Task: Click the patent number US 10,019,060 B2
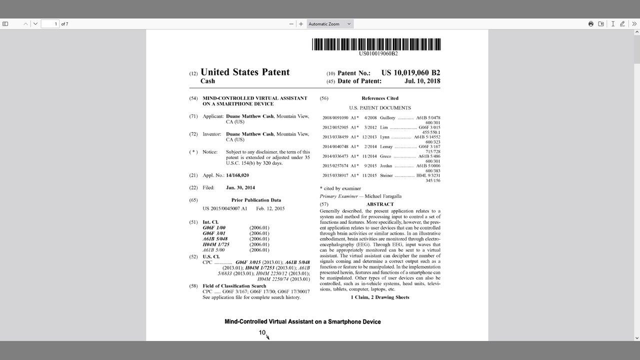pos(410,73)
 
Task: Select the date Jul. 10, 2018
pos(422,81)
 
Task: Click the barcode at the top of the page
pos(376,44)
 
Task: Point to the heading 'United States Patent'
pos(245,72)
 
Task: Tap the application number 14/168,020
pos(237,175)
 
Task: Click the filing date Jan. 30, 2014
pos(240,188)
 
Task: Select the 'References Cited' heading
pos(380,98)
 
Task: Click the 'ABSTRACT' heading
pos(380,204)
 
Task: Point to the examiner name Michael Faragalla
pos(383,196)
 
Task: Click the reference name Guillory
pos(387,118)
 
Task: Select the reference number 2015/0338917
pos(335,176)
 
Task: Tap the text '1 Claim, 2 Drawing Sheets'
pos(380,297)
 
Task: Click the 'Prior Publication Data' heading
pos(256,200)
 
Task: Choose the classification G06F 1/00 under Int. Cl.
pos(214,228)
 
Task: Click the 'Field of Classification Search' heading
pos(234,286)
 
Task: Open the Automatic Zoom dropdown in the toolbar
pos(329,24)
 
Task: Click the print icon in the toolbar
pos(591,24)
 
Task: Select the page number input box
pos(50,24)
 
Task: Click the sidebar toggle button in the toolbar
pos(5,24)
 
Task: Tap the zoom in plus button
pos(301,24)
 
